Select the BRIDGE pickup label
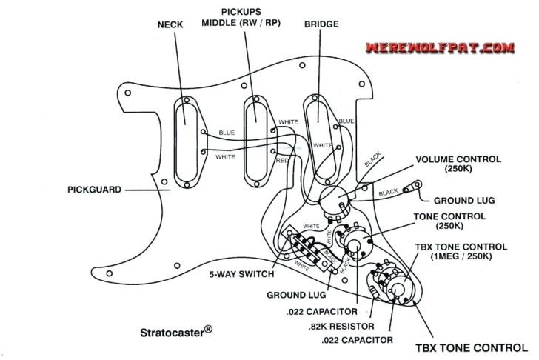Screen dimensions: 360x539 321,24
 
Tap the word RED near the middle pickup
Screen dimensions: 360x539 282,160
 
